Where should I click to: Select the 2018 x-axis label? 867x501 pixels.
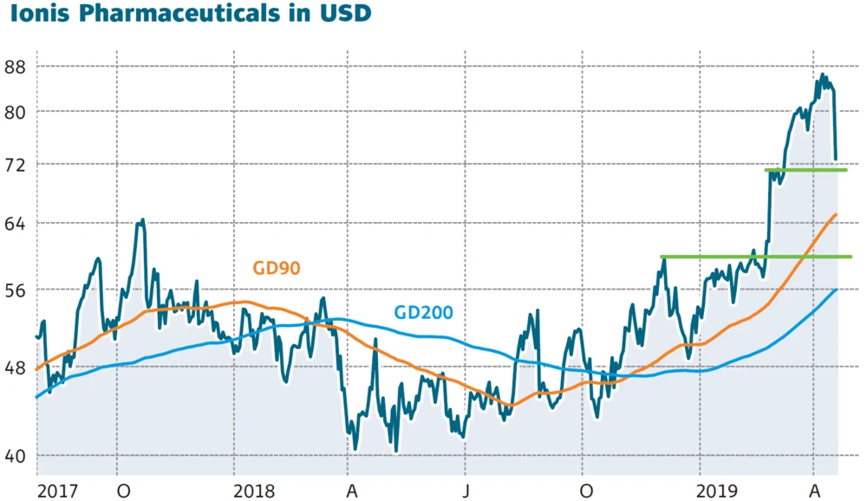coord(255,490)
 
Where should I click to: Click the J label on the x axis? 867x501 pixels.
coord(466,490)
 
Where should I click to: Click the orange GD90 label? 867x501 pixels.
coord(277,268)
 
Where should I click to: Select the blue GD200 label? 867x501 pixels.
coord(423,312)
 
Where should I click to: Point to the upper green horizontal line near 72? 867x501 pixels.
coord(806,170)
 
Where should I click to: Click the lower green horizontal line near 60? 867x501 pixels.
coord(754,257)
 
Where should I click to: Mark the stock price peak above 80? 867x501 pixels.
coord(821,75)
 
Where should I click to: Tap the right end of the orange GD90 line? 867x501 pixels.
coord(836,214)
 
